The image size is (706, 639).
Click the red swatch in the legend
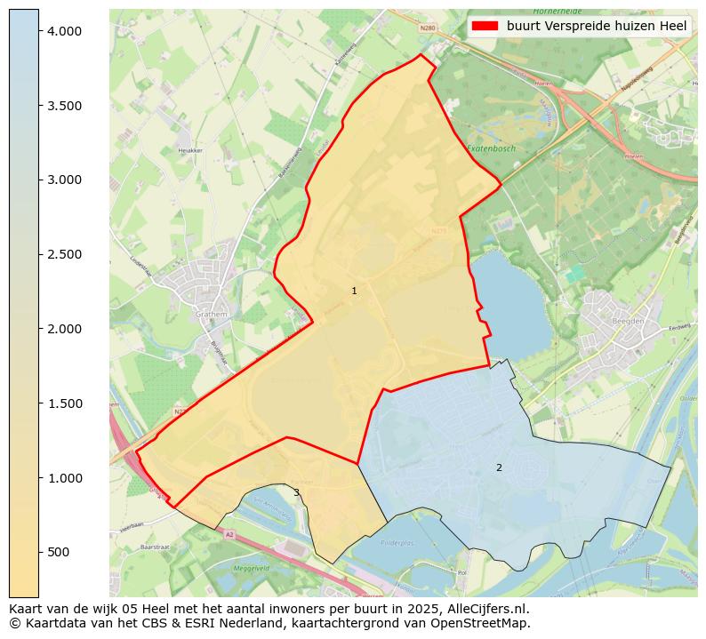[x=485, y=26]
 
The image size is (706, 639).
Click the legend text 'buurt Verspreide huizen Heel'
[x=597, y=26]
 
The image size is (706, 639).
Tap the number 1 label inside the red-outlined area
[x=354, y=291]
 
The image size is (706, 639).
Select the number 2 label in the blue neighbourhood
[x=499, y=467]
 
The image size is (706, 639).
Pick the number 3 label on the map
[x=296, y=492]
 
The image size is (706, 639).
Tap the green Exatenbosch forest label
[x=492, y=148]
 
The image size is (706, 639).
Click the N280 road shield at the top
[x=428, y=28]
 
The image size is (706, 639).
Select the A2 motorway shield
[x=229, y=534]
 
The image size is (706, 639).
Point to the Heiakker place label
[x=190, y=150]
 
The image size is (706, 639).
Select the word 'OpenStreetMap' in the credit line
[x=487, y=623]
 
